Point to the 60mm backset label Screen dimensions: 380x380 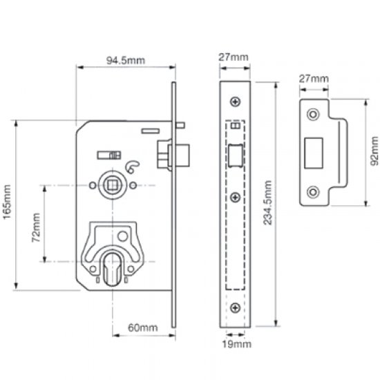click(x=141, y=328)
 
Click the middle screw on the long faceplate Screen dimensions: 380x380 click(x=236, y=198)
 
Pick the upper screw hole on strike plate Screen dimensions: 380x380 click(x=314, y=112)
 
